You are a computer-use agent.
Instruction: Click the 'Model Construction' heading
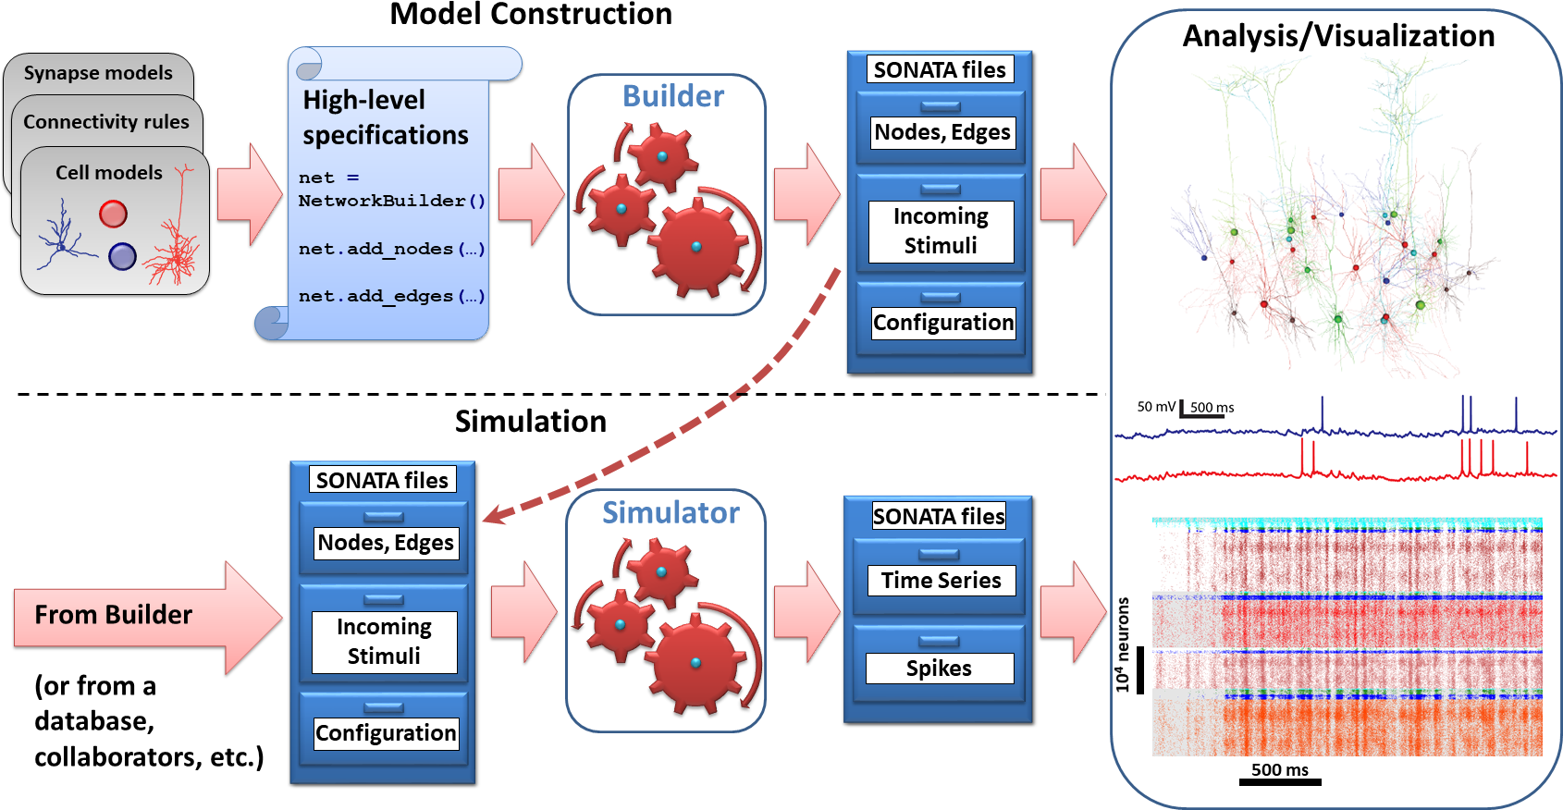(x=530, y=15)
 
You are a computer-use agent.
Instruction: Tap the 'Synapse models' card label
(x=98, y=73)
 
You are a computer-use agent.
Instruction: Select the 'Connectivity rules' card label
(x=106, y=122)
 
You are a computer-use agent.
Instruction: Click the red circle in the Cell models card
(x=113, y=215)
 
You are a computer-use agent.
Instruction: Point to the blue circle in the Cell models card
(x=122, y=256)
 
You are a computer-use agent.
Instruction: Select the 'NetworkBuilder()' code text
(x=391, y=201)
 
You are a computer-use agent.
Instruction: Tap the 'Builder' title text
(x=673, y=96)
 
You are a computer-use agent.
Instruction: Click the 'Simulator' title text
(x=671, y=513)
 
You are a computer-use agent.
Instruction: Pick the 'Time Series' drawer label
(x=941, y=581)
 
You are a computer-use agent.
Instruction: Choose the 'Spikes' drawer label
(x=939, y=669)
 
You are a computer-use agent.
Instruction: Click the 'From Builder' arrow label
(x=114, y=615)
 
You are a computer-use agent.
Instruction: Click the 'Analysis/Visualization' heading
(x=1338, y=36)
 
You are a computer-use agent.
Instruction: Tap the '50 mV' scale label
(x=1156, y=407)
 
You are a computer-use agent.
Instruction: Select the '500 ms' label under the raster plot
(x=1279, y=770)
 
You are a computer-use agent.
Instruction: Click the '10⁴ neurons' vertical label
(x=1123, y=644)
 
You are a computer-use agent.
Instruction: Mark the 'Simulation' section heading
(x=531, y=422)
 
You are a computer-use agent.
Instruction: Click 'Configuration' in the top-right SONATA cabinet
(x=943, y=323)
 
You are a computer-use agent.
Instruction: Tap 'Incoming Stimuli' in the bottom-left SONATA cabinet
(x=384, y=642)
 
